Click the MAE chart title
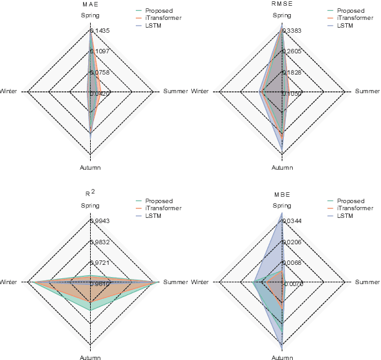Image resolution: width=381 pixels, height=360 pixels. pyautogui.click(x=89, y=4)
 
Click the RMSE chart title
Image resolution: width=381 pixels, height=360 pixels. pyautogui.click(x=282, y=4)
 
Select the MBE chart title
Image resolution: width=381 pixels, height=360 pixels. pyautogui.click(x=282, y=194)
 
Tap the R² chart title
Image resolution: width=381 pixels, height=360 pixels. pyautogui.click(x=90, y=193)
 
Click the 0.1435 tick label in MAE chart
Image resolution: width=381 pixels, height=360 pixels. pyautogui.click(x=100, y=31)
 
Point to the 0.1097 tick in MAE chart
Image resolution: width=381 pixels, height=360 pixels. pyautogui.click(x=100, y=51)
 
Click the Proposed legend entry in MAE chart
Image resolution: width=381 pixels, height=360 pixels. pyautogui.click(x=158, y=11)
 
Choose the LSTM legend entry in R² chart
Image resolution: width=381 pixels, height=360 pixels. pyautogui.click(x=153, y=215)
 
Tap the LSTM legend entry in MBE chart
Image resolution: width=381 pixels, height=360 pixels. pyautogui.click(x=345, y=215)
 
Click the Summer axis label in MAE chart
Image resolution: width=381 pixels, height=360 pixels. pyautogui.click(x=175, y=92)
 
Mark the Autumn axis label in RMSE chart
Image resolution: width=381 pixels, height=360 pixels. pyautogui.click(x=282, y=167)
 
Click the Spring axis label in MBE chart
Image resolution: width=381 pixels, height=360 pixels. pyautogui.click(x=282, y=206)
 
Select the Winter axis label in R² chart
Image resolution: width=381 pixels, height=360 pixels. pyautogui.click(x=8, y=282)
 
